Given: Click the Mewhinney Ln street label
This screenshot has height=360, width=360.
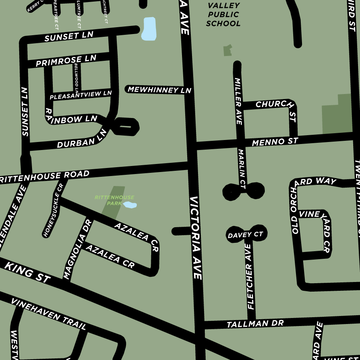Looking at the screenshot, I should tap(159, 90).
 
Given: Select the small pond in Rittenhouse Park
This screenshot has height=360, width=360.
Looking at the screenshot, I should tap(130, 205).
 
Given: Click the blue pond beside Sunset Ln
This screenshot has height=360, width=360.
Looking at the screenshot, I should tap(148, 29).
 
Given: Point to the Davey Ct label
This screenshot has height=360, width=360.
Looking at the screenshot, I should tap(245, 235).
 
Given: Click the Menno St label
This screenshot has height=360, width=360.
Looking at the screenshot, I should tap(275, 142).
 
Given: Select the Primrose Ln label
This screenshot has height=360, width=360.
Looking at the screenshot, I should tap(66, 61).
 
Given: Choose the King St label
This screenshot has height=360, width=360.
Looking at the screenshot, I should tap(27, 272).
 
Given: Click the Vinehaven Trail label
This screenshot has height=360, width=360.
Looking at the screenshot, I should tap(48, 314).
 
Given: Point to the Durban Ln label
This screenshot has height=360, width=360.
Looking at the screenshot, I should tap(82, 138).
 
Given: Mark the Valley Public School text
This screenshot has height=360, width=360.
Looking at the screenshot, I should tap(223, 14).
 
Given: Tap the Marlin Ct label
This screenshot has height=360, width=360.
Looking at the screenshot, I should tap(242, 168).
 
